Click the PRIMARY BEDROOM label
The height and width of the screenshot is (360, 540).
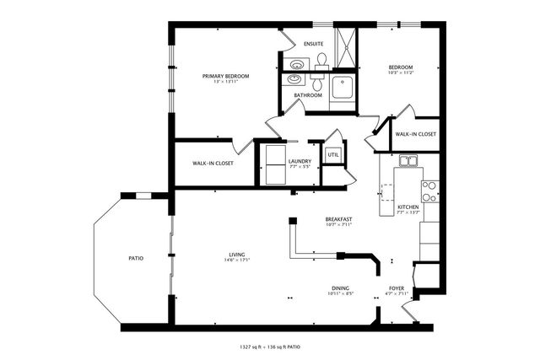(225, 76)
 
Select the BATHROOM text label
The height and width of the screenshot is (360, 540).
(308, 95)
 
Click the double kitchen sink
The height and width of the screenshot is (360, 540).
(409, 161)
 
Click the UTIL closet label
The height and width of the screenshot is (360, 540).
(332, 154)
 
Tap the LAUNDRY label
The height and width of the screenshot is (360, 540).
(300, 161)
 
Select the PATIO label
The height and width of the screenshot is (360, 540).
(136, 258)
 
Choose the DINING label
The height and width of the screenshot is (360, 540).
(340, 287)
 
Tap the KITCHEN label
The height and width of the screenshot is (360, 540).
(408, 207)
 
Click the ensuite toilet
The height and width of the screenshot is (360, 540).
(321, 62)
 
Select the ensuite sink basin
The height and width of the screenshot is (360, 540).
(297, 64)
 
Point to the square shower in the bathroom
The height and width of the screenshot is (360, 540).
(343, 85)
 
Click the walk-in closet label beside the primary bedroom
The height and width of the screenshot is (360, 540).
(213, 163)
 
